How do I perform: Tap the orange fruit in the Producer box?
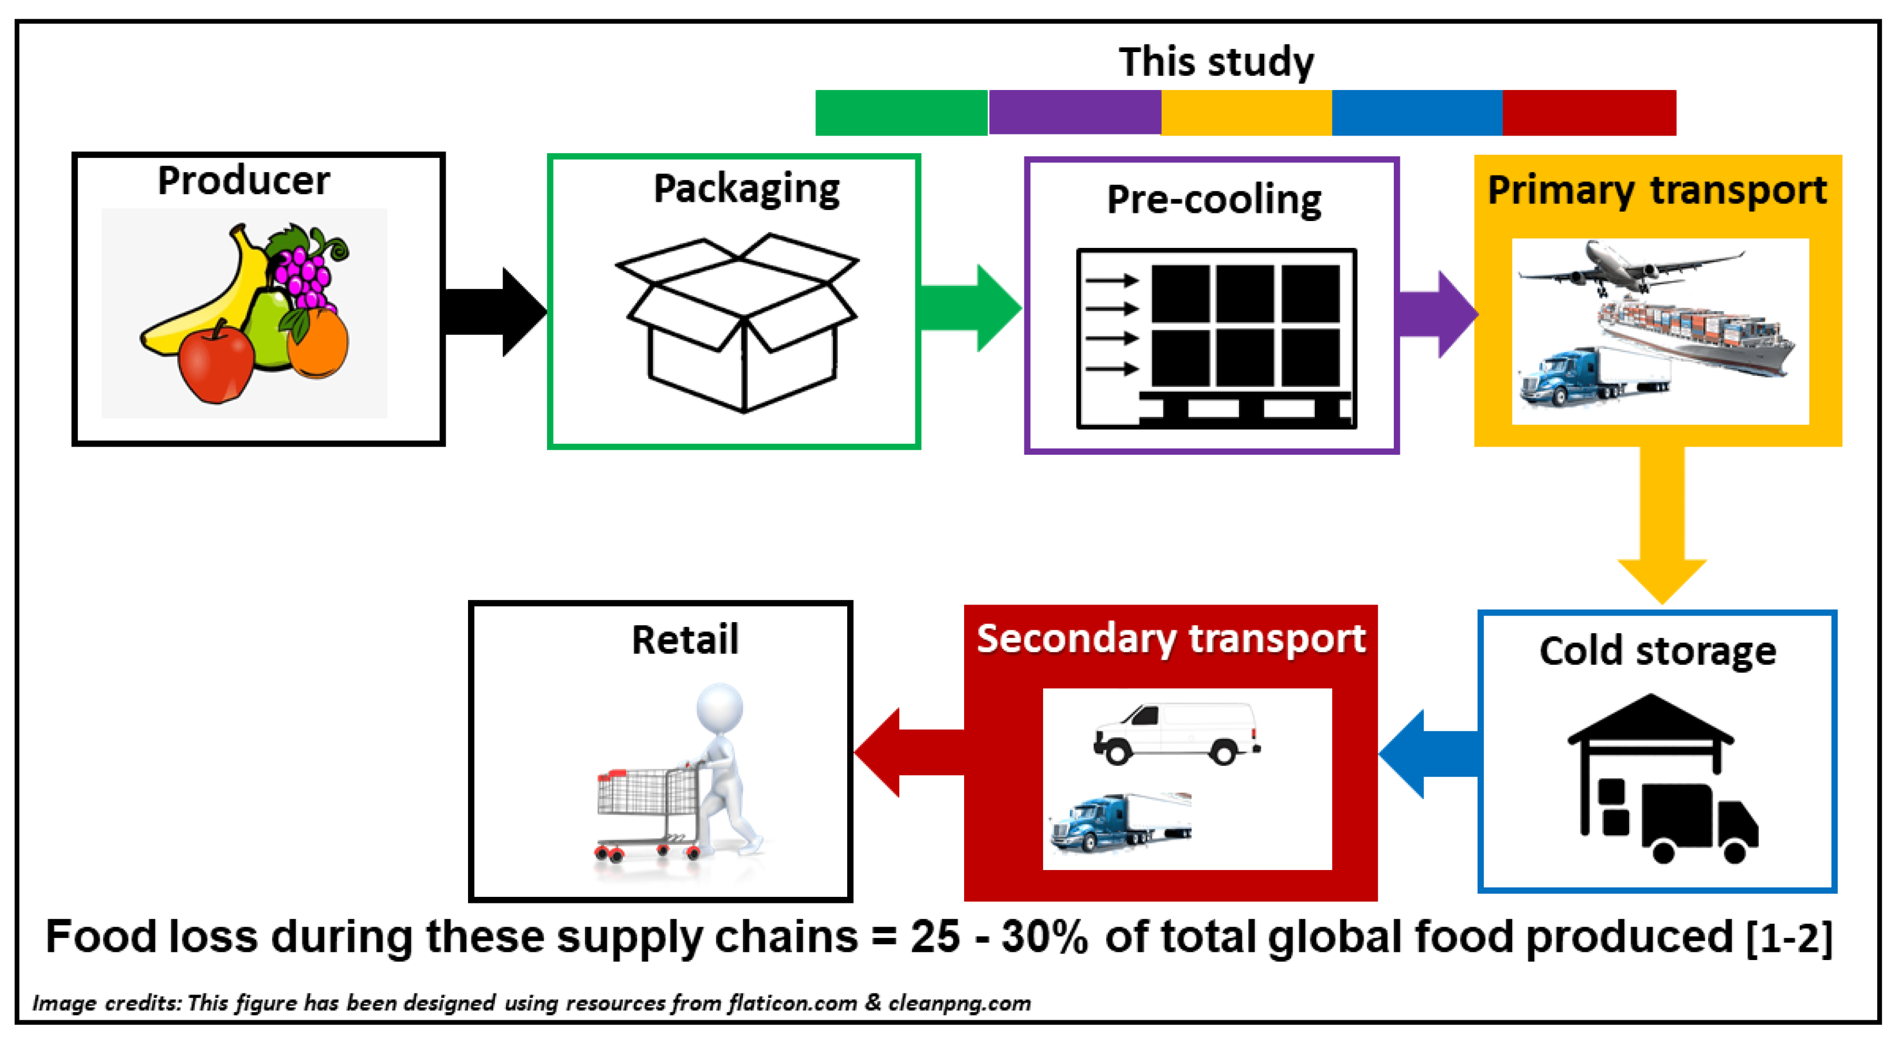tap(318, 343)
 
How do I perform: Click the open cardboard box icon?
tap(738, 323)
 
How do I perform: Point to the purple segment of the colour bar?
tap(1074, 112)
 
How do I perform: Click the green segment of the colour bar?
tap(901, 112)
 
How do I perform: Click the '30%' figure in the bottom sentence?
tap(1044, 937)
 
